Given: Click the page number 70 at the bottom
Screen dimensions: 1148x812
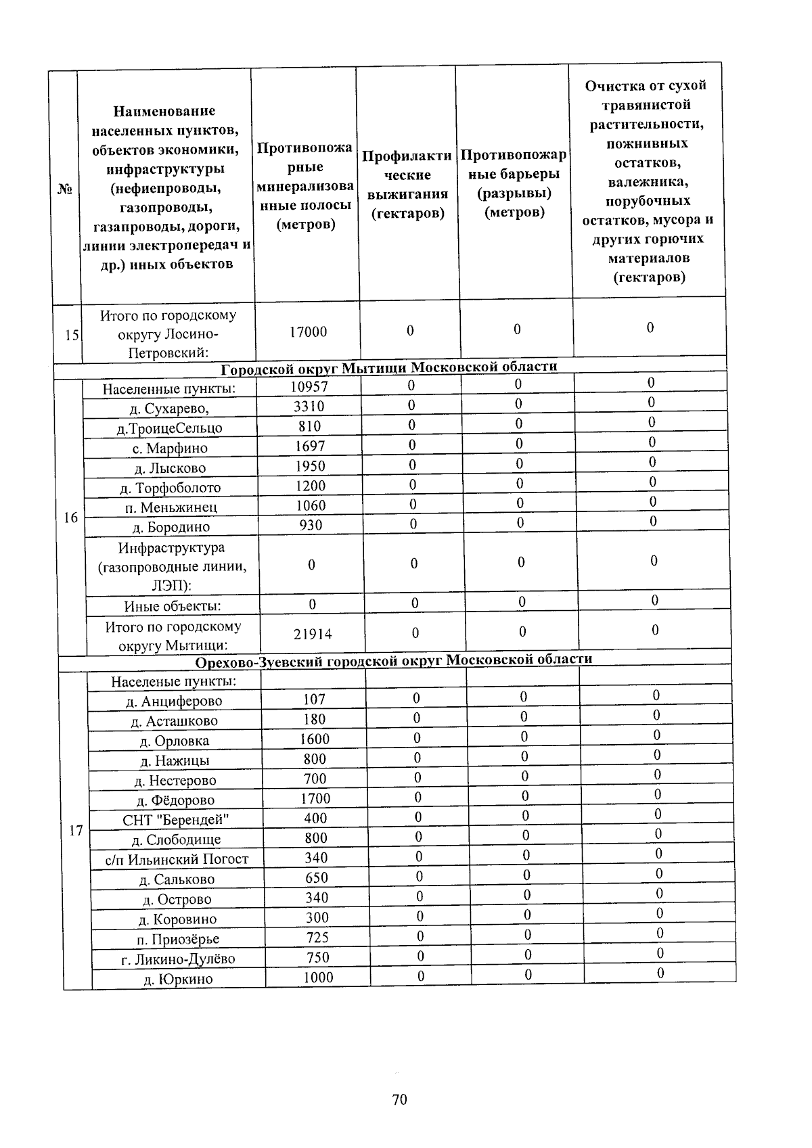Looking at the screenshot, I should pyautogui.click(x=399, y=1099).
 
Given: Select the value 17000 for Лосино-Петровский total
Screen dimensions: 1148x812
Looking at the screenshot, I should pyautogui.click(x=308, y=332).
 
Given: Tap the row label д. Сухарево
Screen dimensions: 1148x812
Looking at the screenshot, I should pyautogui.click(x=169, y=408).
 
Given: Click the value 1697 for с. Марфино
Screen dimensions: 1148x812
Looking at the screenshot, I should pyautogui.click(x=310, y=446).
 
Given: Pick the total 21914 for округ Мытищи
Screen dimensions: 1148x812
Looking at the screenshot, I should pyautogui.click(x=313, y=634).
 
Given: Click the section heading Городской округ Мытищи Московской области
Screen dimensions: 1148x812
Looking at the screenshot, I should pyautogui.click(x=389, y=367).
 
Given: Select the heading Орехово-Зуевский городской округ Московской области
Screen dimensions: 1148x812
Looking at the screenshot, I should pyautogui.click(x=394, y=660).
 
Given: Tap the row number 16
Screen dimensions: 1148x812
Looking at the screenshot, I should pyautogui.click(x=70, y=518).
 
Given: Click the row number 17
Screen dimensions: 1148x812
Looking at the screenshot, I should pyautogui.click(x=76, y=830).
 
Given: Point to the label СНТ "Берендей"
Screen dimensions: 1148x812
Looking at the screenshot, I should pyautogui.click(x=176, y=820).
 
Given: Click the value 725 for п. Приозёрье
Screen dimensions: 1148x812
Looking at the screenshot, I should pyautogui.click(x=317, y=938).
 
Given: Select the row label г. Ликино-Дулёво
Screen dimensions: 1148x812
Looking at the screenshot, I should pyautogui.click(x=178, y=959).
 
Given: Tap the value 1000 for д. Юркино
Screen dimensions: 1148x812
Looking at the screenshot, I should pyautogui.click(x=318, y=978).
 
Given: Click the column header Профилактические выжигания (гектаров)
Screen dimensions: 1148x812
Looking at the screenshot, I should pyautogui.click(x=407, y=185).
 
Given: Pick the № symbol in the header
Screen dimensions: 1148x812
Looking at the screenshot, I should pyautogui.click(x=64, y=189).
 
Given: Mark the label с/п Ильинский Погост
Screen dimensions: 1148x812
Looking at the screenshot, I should pyautogui.click(x=177, y=860).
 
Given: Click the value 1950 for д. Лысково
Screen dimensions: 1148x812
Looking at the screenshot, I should pyautogui.click(x=310, y=466).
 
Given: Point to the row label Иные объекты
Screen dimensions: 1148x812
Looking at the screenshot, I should pyautogui.click(x=173, y=606).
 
